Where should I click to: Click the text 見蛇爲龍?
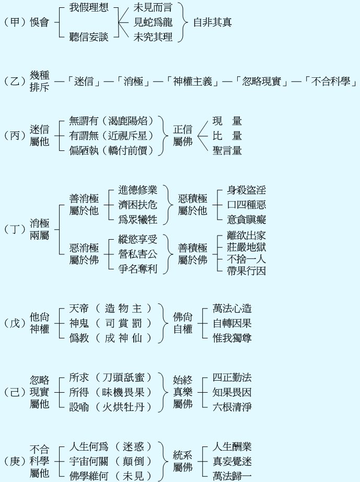[x=153, y=22]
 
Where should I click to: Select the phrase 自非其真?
[x=213, y=22]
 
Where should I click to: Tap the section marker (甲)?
[x=15, y=22]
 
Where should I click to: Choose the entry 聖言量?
[x=227, y=151]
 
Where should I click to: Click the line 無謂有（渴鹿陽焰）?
[x=112, y=121]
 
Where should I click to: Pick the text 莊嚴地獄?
[x=246, y=247]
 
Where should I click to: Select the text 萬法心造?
[x=233, y=308]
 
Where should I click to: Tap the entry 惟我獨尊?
[x=233, y=338]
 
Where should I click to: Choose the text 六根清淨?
[x=233, y=406]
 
